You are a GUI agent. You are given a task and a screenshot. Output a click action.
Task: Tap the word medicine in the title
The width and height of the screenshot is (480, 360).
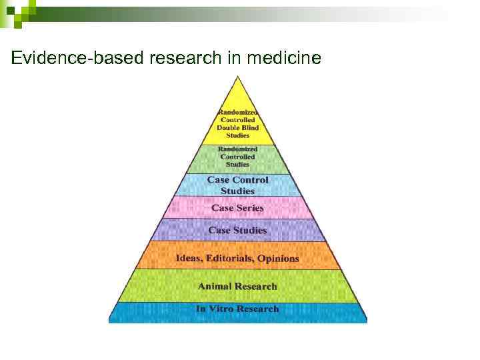tap(284, 59)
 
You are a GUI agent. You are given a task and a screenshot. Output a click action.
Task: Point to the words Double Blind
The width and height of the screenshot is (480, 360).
tap(237, 127)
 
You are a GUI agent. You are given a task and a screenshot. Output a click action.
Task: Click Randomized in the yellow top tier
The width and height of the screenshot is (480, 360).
tap(238, 113)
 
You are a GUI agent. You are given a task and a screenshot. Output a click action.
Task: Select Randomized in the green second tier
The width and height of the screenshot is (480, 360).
tap(238, 149)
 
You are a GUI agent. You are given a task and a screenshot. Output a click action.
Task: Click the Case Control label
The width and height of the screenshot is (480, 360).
tap(238, 179)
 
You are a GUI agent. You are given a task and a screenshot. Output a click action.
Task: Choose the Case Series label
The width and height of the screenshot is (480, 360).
tap(238, 208)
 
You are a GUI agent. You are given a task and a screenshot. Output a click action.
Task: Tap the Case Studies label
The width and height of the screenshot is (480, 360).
tap(238, 230)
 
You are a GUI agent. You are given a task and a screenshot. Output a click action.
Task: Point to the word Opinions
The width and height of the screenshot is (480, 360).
tap(278, 258)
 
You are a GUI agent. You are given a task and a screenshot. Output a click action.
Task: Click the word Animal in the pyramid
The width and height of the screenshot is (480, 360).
tap(215, 286)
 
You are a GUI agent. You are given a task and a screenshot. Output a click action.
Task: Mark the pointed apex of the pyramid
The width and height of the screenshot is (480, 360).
tap(237, 78)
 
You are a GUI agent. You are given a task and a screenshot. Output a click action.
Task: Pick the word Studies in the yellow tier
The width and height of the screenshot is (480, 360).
tap(238, 135)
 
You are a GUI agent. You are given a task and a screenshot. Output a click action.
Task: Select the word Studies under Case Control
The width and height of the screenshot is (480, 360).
tap(238, 191)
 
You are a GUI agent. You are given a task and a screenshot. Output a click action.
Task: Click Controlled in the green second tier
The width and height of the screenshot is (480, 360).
tap(238, 157)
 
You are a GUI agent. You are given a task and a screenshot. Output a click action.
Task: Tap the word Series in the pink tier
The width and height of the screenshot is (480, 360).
tap(249, 208)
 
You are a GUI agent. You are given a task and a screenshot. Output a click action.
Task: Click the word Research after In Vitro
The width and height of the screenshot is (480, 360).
tap(255, 309)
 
